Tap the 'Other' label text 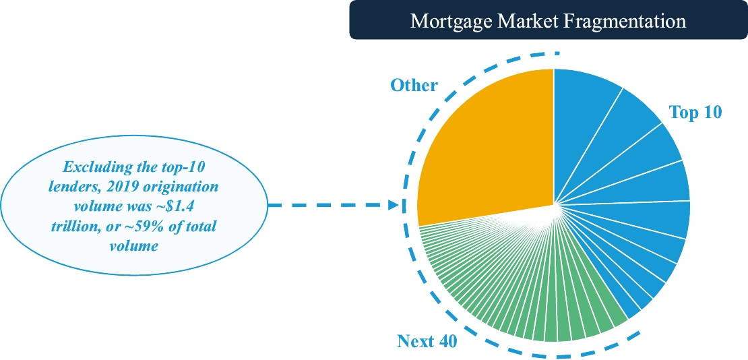click(414, 86)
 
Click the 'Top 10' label click(695, 113)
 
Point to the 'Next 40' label click(427, 341)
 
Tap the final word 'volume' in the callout click(133, 245)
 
